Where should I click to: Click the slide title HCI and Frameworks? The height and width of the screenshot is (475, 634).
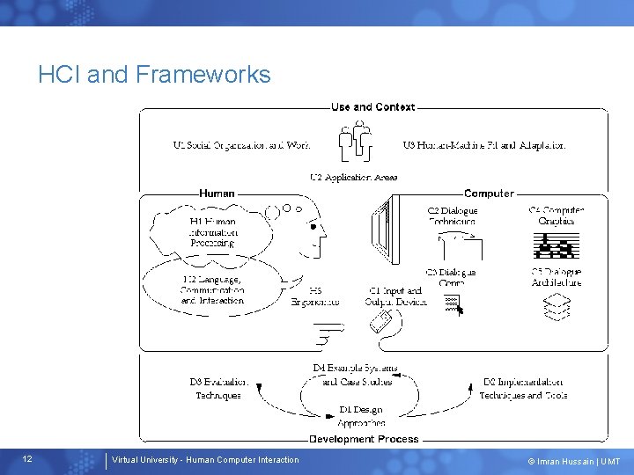click(154, 75)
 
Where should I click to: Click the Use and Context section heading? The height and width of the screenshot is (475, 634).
click(372, 107)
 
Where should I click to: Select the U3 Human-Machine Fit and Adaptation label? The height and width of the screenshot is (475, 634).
click(484, 145)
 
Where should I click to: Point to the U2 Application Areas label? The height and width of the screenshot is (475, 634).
click(354, 177)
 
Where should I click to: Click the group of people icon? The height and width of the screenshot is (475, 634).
click(356, 141)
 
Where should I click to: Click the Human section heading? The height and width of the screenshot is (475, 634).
click(217, 194)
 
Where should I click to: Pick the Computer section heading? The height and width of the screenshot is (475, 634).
click(489, 194)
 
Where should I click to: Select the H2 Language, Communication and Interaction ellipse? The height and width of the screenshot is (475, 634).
click(211, 289)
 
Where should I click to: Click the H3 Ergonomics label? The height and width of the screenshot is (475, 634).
click(315, 296)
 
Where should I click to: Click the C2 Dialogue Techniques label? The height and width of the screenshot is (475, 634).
click(452, 216)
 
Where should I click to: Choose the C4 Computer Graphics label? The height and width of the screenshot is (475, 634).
click(557, 216)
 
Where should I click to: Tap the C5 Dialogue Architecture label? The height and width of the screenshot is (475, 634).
click(557, 277)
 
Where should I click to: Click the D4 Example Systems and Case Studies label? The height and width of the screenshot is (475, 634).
click(356, 375)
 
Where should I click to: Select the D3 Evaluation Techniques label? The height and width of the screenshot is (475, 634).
click(218, 389)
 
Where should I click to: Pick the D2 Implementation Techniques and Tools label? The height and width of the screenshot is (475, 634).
click(523, 389)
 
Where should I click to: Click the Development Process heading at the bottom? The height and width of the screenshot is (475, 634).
click(364, 439)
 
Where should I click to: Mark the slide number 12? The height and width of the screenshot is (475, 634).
click(27, 459)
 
